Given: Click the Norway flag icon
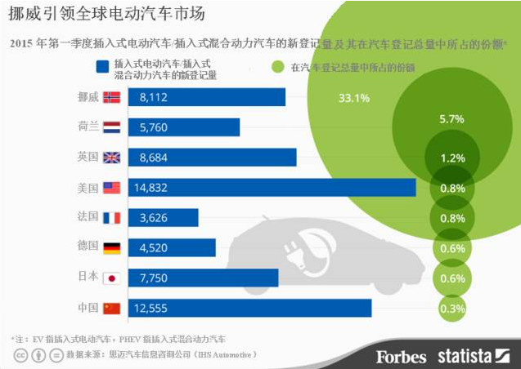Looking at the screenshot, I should click(110, 97).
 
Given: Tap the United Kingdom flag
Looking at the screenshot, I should click(110, 158).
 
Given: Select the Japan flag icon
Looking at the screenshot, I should click(110, 278).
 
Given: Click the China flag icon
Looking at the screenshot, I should click(110, 308).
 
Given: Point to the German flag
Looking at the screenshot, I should click(110, 248).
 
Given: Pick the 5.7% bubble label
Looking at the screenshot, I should click(451, 119).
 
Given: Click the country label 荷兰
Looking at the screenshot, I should click(88, 127).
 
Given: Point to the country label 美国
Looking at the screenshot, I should click(88, 188).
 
